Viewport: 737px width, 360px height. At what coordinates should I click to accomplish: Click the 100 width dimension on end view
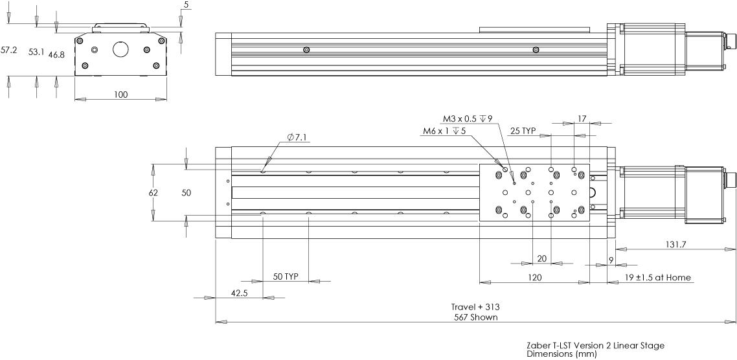[x=120, y=95]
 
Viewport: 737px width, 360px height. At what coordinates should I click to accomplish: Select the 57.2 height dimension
[x=9, y=50]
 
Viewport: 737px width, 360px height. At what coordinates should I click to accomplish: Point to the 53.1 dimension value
[x=36, y=52]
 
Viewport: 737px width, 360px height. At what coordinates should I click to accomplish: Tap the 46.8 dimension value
[x=56, y=55]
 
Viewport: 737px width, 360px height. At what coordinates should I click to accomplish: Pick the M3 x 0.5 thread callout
[x=467, y=118]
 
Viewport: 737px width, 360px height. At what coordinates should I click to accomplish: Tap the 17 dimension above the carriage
[x=581, y=118]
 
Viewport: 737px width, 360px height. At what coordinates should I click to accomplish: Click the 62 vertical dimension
[x=153, y=192]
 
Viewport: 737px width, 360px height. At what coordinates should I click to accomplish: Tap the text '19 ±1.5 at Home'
[x=658, y=278]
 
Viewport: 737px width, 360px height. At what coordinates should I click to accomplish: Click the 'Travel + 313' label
[x=475, y=307]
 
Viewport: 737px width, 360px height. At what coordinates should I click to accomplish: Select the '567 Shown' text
[x=475, y=317]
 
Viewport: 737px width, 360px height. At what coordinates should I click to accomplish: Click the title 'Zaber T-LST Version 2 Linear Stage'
[x=595, y=346]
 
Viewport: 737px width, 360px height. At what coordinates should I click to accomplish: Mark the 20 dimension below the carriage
[x=541, y=258]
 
